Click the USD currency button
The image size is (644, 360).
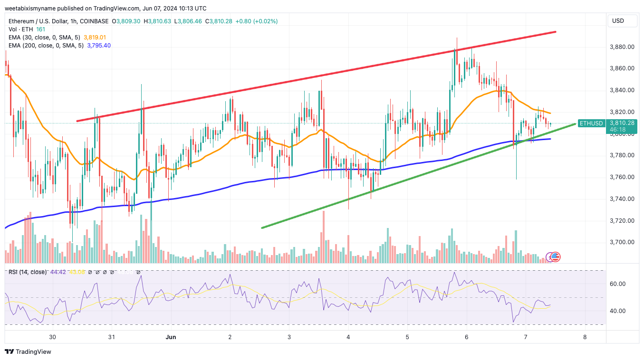pyautogui.click(x=618, y=21)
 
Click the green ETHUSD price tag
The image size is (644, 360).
pyautogui.click(x=591, y=123)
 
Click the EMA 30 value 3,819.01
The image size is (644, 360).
pyautogui.click(x=95, y=37)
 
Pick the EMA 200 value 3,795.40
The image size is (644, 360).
pyautogui.click(x=99, y=46)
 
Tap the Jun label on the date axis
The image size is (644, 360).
pyautogui.click(x=171, y=337)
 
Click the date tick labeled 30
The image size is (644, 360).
pyautogui.click(x=52, y=337)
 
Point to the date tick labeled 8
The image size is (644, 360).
pyautogui.click(x=585, y=337)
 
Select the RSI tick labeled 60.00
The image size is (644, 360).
pyautogui.click(x=618, y=284)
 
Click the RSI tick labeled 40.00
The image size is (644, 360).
pyautogui.click(x=618, y=311)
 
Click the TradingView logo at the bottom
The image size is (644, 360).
pyautogui.click(x=28, y=352)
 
